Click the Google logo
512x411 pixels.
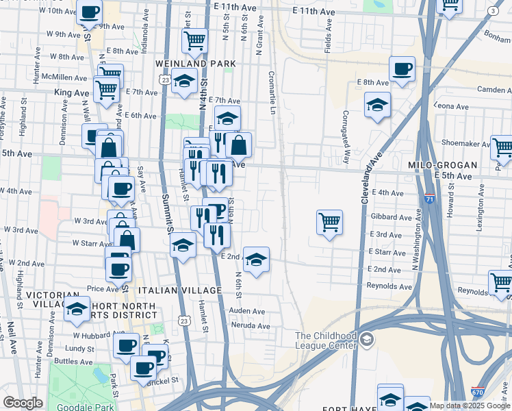(23, 403)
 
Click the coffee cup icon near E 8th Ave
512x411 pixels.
(402, 69)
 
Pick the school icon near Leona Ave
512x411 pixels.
(377, 105)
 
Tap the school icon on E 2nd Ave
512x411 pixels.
(256, 259)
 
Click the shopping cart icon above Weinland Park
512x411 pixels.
(195, 40)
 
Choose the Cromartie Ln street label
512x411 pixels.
(272, 92)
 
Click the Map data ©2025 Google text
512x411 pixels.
(470, 406)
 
